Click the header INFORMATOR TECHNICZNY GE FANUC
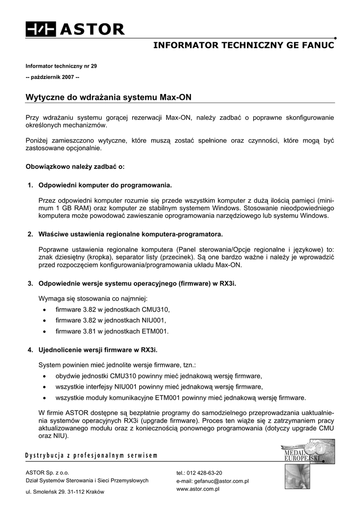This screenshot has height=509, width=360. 244,45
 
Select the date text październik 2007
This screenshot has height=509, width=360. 52,77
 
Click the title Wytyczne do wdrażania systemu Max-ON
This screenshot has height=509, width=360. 108,96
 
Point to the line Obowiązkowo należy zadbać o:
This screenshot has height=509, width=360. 75,167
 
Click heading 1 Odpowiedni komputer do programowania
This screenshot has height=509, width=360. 105,185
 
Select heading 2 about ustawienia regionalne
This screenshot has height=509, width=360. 131,234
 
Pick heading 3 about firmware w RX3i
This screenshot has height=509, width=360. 137,283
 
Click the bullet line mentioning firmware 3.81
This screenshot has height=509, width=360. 112,331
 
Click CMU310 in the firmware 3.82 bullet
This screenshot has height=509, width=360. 152,309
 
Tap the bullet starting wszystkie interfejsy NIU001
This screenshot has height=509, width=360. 159,386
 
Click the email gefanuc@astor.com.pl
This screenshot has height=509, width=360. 220,481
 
